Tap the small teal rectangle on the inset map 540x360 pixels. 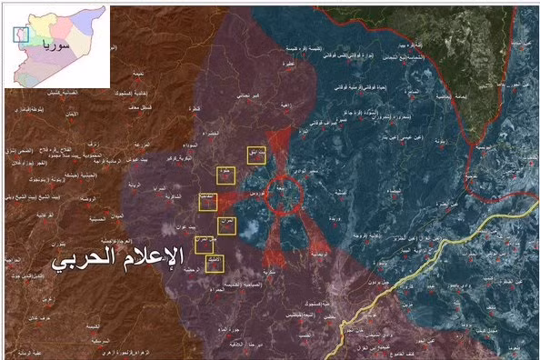point(22,35)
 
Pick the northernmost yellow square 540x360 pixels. point(256,155)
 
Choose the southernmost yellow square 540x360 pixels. point(214,264)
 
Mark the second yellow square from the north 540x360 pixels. point(225,175)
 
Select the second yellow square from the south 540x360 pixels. point(204,244)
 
